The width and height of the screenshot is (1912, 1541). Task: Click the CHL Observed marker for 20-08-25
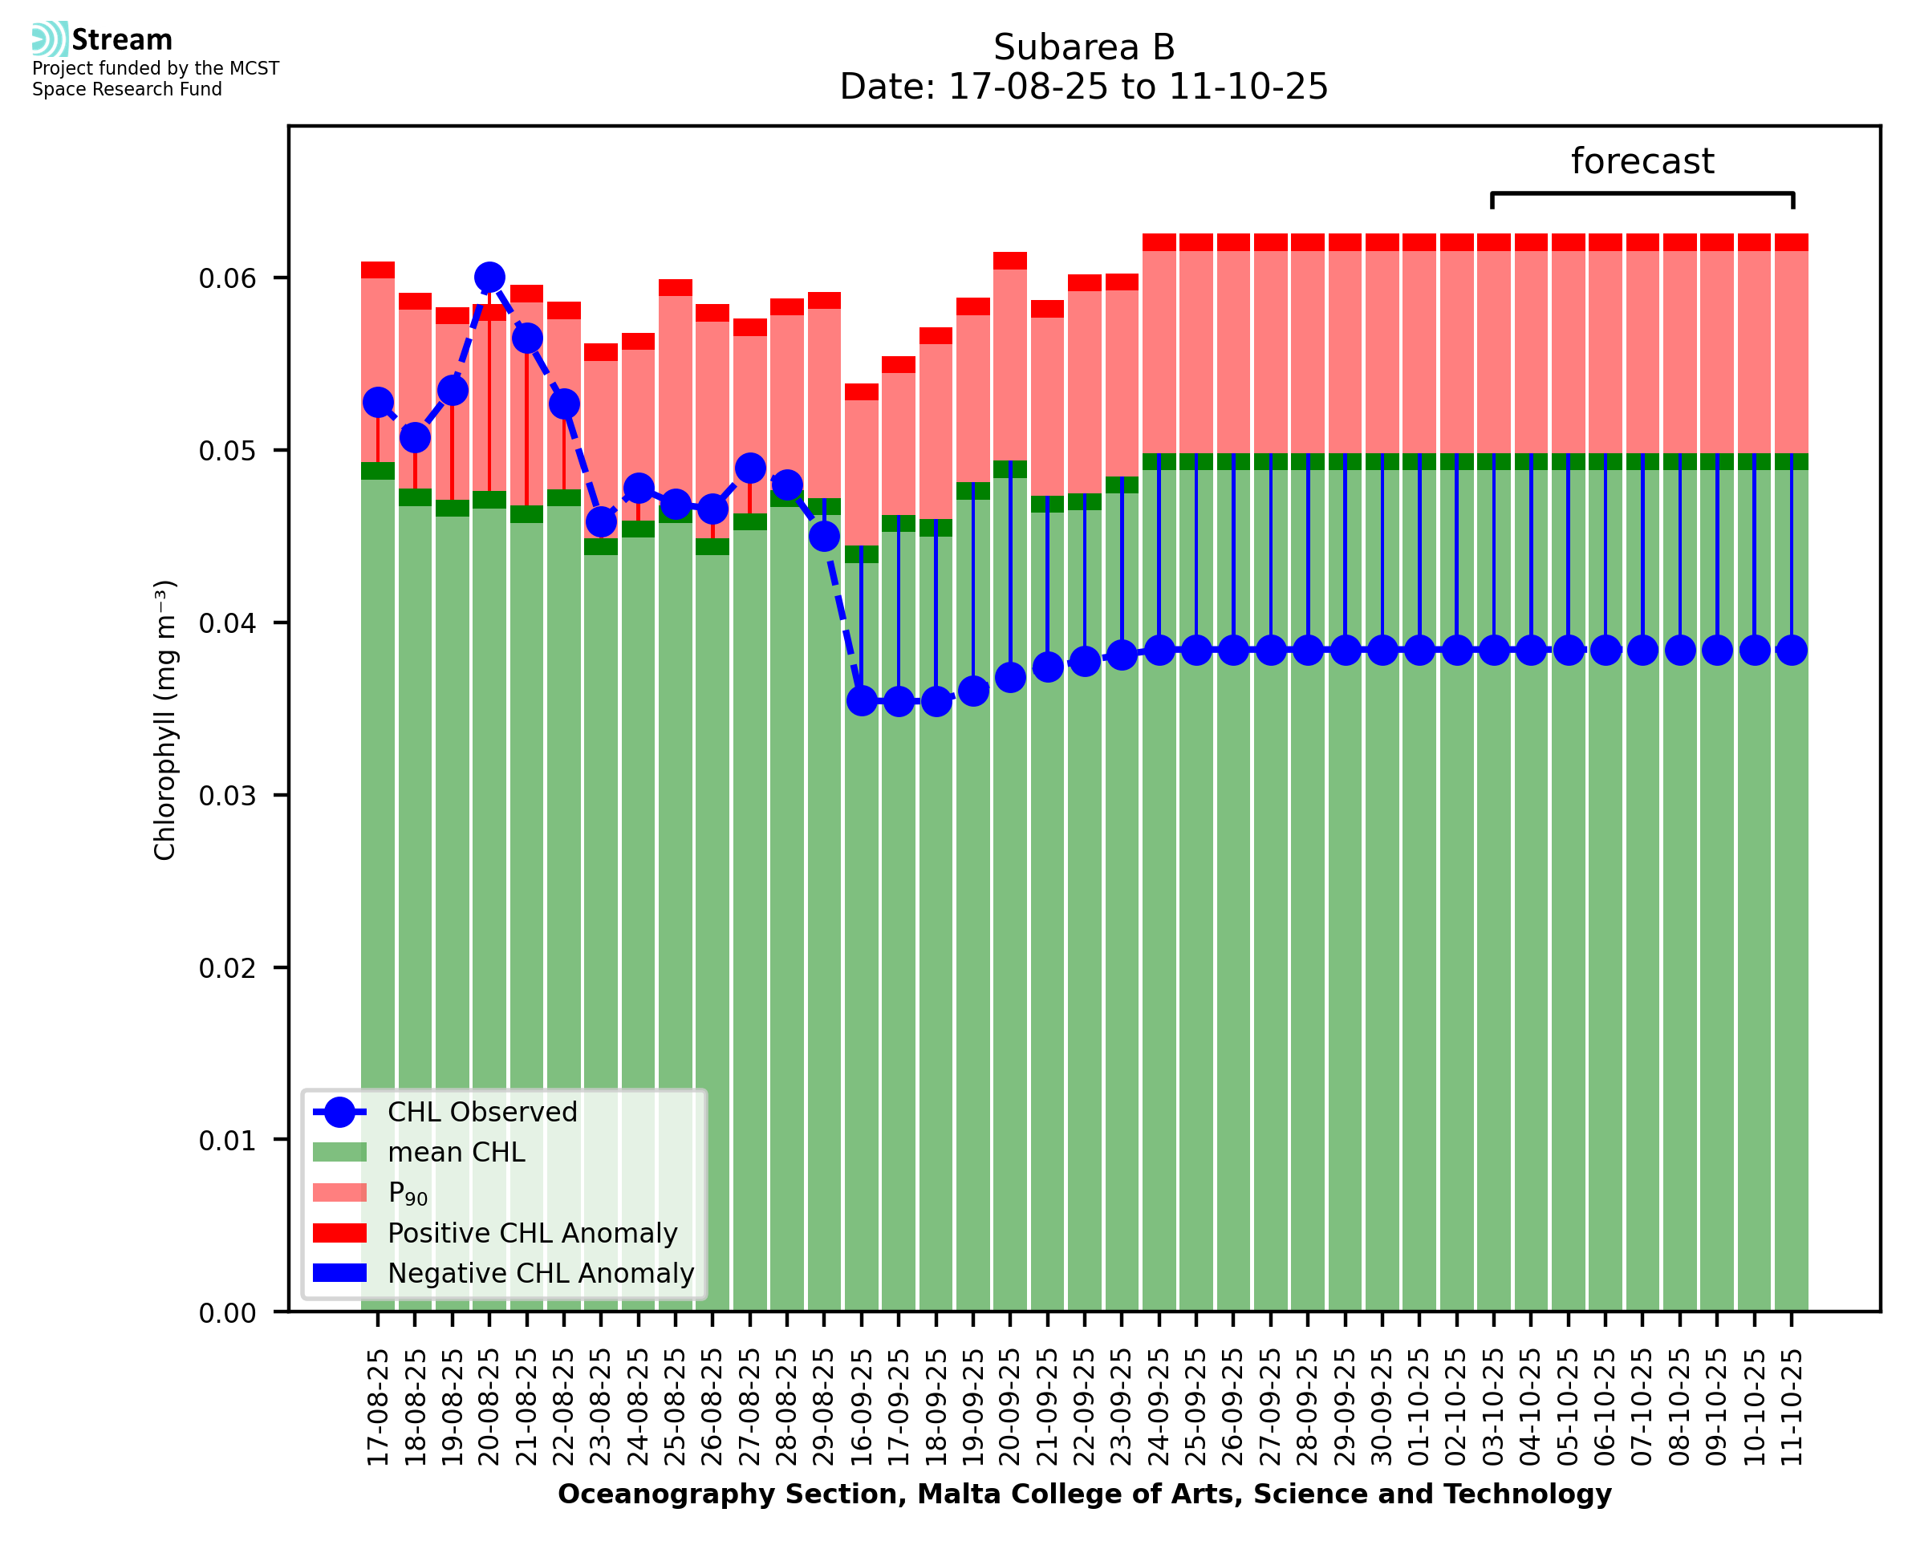(x=489, y=278)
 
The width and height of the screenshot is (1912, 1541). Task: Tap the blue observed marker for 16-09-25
(x=861, y=701)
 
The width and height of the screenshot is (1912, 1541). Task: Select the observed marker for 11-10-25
(x=1792, y=651)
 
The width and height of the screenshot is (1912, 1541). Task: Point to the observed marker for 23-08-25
(x=601, y=522)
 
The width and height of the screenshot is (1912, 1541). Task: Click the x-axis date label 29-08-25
(x=825, y=1408)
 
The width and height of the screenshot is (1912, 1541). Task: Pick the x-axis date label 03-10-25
(x=1494, y=1408)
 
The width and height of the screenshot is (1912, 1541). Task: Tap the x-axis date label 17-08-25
(x=378, y=1408)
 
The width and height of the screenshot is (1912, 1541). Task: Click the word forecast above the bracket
(x=1642, y=161)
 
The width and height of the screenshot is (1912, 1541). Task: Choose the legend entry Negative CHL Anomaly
(x=541, y=1273)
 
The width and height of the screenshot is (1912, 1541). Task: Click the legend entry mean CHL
(x=457, y=1152)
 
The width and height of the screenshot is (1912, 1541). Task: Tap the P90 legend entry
(x=408, y=1193)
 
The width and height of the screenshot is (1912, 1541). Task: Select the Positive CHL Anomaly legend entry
(x=533, y=1233)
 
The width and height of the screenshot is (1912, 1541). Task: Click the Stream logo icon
(x=50, y=39)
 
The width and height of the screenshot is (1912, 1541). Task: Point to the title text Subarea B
(x=1084, y=47)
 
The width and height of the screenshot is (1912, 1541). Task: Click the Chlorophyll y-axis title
(x=165, y=720)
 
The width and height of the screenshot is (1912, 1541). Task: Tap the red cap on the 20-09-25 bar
(x=1010, y=261)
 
